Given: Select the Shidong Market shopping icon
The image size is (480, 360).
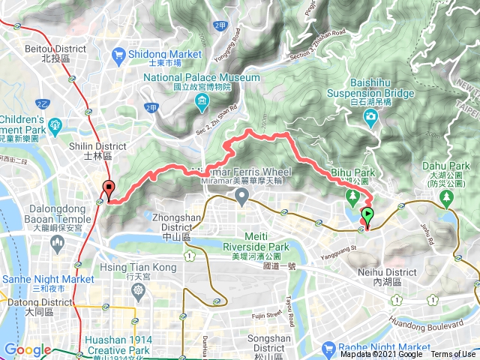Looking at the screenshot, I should click(118, 55).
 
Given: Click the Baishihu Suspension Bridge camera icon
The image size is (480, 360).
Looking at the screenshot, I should click(370, 116).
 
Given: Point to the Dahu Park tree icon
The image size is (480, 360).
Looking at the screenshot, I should click(447, 196).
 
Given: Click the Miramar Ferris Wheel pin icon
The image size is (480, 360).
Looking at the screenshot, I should click(241, 196).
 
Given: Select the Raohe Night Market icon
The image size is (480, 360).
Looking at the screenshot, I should click(328, 349).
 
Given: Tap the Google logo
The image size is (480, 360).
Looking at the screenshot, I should click(27, 350).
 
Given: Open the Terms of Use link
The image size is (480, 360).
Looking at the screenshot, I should click(452, 355).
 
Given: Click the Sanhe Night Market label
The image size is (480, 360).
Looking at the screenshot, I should click(46, 279).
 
